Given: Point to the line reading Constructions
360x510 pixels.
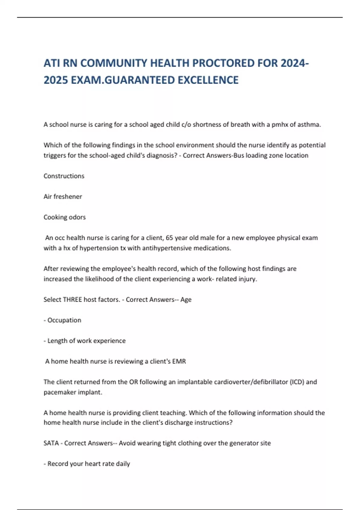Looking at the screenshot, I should (x=64, y=176).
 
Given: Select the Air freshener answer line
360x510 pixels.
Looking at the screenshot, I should (x=63, y=196).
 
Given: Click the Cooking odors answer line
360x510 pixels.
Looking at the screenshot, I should (x=64, y=217).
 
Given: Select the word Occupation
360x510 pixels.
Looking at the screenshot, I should (x=64, y=320).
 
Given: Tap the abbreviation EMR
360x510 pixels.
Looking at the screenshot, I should (x=179, y=361).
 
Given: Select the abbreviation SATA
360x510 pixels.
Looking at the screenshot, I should (x=51, y=443).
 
